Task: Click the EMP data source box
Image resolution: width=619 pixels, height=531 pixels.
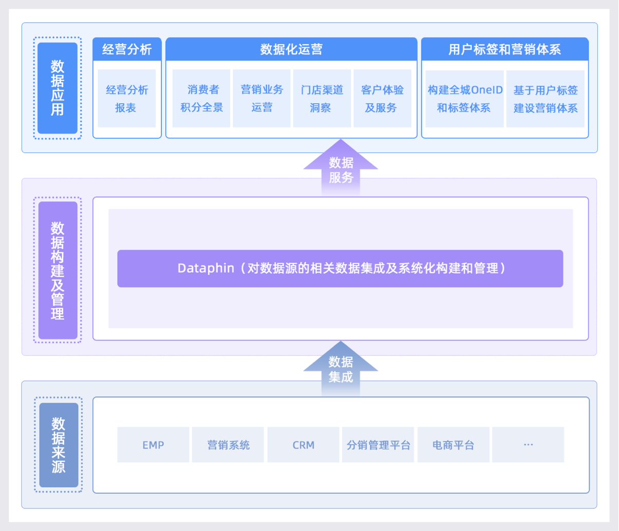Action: pos(153,445)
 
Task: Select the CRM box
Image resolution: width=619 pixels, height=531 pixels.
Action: pos(303,445)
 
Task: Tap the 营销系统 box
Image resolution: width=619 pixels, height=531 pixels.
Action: pos(228,445)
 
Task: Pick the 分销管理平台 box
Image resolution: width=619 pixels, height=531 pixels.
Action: pos(378,445)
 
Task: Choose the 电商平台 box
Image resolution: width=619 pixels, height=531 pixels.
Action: pos(453,445)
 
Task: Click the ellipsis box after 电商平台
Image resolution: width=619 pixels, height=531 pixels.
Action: pos(528,445)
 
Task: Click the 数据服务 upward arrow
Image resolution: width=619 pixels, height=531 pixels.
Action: pos(340,169)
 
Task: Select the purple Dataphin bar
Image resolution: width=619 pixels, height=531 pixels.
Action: pos(340,268)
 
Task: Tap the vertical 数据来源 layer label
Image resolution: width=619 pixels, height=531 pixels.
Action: pos(59,445)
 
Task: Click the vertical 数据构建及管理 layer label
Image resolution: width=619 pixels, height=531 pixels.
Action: pos(58,270)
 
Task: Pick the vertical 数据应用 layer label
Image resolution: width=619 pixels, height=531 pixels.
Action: pos(58,88)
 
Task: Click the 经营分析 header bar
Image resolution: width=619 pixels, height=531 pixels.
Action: pos(127,49)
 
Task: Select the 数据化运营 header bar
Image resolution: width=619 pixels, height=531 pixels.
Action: pos(291,49)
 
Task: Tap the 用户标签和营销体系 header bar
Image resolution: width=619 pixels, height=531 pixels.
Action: pos(504,49)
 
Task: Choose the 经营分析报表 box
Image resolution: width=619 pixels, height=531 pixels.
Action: pos(126,98)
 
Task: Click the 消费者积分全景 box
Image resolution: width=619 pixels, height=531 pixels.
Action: pos(202,98)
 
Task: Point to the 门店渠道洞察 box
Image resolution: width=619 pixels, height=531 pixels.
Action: pos(322,98)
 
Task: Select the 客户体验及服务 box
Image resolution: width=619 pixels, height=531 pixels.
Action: pos(382,98)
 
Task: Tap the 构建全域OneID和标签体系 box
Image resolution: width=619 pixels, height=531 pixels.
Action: pos(465,98)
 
